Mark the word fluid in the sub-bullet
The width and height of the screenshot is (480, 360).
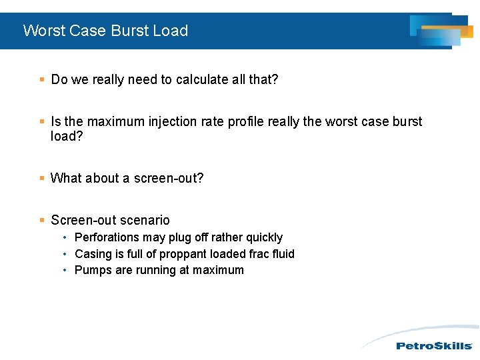point(282,254)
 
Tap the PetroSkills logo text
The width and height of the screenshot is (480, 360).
point(434,346)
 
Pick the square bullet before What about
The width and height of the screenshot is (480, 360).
point(42,178)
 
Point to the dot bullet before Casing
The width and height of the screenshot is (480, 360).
point(64,254)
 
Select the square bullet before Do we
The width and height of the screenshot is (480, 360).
point(42,79)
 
